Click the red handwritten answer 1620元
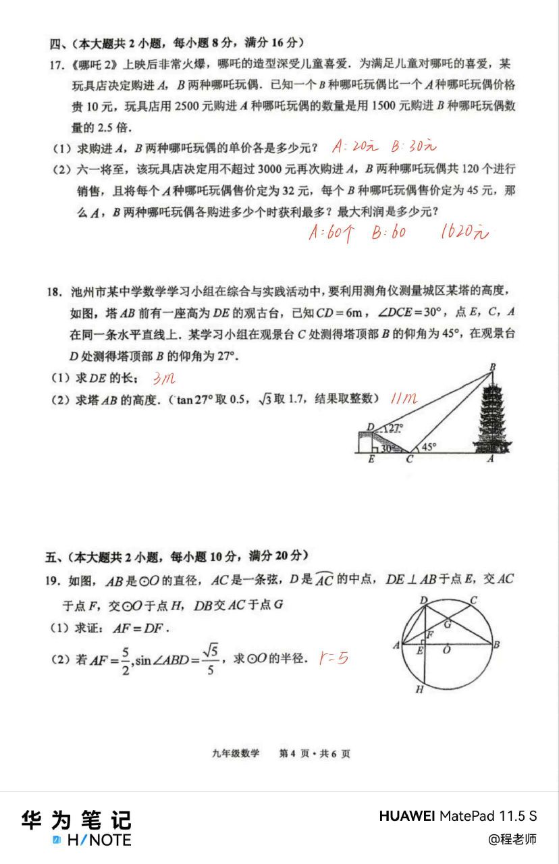point(463,233)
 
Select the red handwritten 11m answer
point(404,399)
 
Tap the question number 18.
point(55,292)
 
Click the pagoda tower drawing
point(491,418)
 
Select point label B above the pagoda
point(492,367)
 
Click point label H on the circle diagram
point(419,690)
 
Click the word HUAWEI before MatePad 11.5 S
point(407,816)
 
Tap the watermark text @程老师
point(512,839)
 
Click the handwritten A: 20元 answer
point(356,146)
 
